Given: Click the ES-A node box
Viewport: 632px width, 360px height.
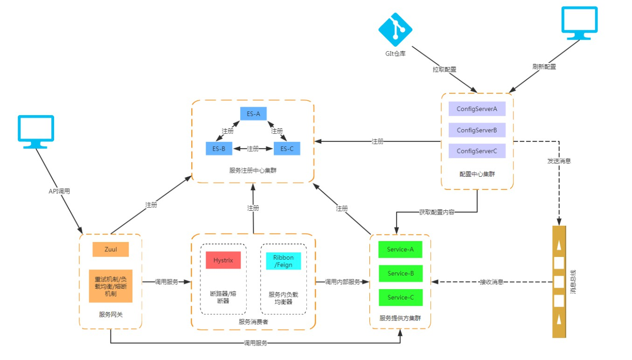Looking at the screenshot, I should click(253, 113).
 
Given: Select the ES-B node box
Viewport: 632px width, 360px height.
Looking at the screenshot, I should click(219, 149).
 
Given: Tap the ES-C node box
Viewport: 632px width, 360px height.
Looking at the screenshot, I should click(287, 149).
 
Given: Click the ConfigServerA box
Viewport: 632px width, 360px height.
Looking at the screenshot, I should click(477, 109).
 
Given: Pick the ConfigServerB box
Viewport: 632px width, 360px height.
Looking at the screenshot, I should click(477, 130).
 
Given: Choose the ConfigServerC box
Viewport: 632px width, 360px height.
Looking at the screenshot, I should click(477, 151).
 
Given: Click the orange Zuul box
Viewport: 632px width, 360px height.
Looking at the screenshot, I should click(111, 249).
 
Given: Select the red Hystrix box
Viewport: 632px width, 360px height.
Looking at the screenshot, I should click(223, 260).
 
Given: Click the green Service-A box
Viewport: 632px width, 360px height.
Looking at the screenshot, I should click(400, 249).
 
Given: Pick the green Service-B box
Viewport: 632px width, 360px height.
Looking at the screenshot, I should click(400, 273).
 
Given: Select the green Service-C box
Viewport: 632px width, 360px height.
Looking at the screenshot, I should click(400, 298).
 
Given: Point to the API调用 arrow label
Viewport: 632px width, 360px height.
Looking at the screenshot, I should click(59, 191).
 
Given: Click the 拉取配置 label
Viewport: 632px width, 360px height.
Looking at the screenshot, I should click(444, 69).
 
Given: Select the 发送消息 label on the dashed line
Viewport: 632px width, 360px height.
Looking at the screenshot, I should click(559, 161).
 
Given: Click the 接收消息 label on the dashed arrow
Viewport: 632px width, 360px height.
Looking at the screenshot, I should click(491, 282).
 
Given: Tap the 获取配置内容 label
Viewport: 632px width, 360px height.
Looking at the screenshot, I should click(437, 212).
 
